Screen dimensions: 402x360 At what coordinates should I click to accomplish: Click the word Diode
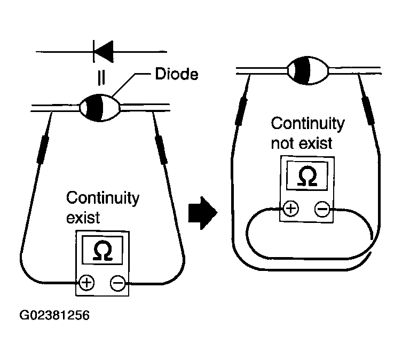177,74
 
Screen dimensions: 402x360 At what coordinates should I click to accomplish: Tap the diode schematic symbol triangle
104,51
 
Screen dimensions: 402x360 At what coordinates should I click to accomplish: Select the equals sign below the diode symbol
101,77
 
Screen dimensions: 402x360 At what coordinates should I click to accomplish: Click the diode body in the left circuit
100,108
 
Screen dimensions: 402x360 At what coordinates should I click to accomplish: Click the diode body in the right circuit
308,70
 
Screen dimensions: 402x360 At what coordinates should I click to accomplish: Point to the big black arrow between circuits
203,213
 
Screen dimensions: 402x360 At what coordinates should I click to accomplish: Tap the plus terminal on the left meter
86,283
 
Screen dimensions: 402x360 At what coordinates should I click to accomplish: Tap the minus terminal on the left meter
118,283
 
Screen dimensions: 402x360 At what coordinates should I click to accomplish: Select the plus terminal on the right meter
291,209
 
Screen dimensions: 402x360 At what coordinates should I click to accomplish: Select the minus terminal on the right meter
322,209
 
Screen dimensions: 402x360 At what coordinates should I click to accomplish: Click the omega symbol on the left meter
103,250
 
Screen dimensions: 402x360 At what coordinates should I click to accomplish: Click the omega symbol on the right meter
308,175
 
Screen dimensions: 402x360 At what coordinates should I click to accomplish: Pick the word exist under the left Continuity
83,218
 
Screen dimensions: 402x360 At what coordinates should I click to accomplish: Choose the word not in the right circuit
282,143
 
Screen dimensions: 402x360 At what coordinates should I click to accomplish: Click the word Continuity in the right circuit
308,124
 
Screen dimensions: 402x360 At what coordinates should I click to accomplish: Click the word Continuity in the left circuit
103,198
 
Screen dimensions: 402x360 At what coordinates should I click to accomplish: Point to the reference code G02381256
54,315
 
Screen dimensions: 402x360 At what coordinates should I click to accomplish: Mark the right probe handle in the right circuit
368,110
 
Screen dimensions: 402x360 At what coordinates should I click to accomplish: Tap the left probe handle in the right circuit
241,111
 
